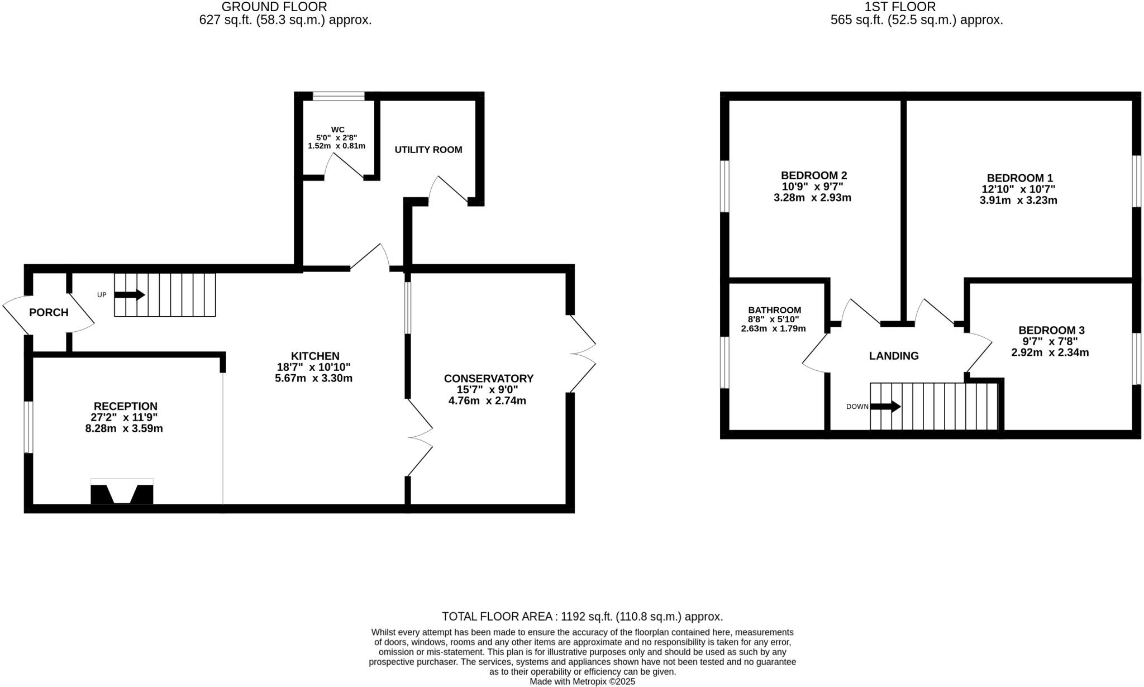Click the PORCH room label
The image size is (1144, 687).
point(49,313)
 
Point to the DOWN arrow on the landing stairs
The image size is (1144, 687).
point(885,407)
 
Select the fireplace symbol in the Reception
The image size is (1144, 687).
point(122,492)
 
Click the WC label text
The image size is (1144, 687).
point(337,130)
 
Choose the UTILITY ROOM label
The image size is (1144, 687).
point(428,150)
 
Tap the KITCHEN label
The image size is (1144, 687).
point(315,356)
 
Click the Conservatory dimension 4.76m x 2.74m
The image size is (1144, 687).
point(487,401)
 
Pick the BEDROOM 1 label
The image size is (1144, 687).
point(1019,178)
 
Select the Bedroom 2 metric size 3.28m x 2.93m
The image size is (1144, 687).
point(812,198)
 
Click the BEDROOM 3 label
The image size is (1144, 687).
point(1051,331)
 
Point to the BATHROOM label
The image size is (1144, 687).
point(774,310)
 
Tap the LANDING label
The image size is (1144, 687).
point(894,356)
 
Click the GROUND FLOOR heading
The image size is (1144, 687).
point(274,7)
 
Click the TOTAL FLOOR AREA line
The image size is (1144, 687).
point(582,617)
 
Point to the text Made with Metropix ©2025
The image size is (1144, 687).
point(582,682)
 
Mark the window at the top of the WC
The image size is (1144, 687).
point(339,96)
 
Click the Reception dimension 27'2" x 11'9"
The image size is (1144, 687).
point(125,417)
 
